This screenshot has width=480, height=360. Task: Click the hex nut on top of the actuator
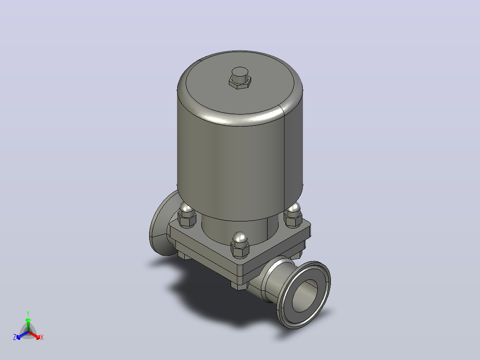coord(240,82)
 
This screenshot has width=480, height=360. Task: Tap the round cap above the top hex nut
coord(240,74)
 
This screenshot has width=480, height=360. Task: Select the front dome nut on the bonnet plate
coord(240,245)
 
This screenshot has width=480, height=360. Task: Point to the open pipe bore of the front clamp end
coord(305,296)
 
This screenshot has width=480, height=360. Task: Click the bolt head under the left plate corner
coord(184,256)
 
